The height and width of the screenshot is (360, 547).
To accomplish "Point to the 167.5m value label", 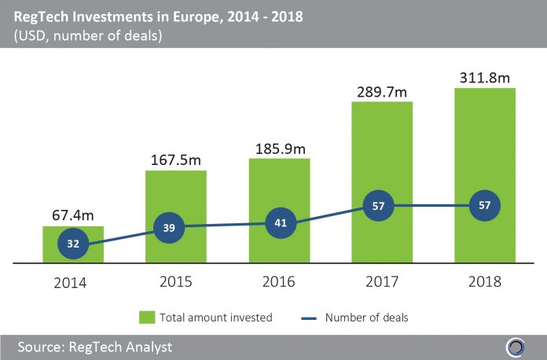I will click(175, 159).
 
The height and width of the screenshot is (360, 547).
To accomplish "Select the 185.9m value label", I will click(279, 147).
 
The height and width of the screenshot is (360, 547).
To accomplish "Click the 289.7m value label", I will click(382, 90).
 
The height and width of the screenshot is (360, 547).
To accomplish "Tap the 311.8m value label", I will click(485, 77).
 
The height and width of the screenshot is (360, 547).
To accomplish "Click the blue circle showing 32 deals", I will click(72, 244).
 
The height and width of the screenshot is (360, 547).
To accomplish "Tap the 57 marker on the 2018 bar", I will click(485, 206).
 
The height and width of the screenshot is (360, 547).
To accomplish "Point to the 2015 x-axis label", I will click(175, 281).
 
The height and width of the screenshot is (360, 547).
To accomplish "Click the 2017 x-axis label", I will click(382, 281).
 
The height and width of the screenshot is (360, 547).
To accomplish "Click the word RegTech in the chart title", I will click(42, 16).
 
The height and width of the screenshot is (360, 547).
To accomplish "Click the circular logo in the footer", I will click(516, 347).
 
